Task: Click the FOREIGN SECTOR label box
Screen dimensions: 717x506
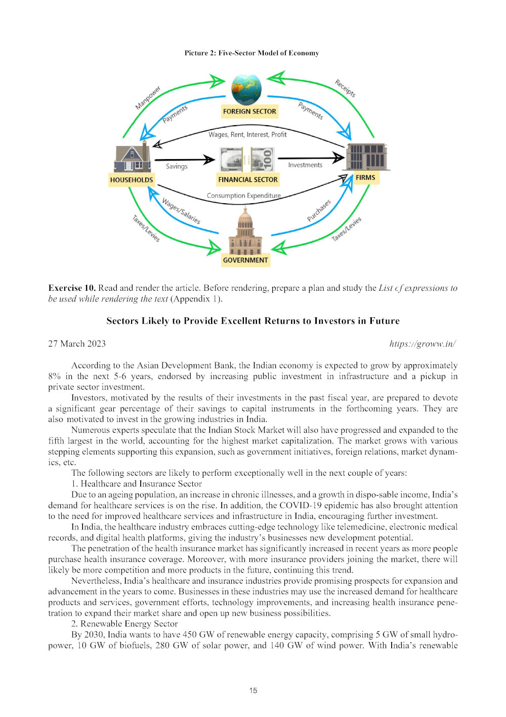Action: pyautogui.click(x=249, y=111)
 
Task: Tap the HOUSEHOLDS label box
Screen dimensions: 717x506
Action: pyautogui.click(x=132, y=180)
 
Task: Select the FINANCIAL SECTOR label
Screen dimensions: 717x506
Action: pyautogui.click(x=248, y=179)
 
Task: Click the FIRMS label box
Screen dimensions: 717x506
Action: pyautogui.click(x=365, y=177)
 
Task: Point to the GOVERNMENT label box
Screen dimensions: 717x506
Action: pyautogui.click(x=245, y=260)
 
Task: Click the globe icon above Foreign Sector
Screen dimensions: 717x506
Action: pyautogui.click(x=246, y=89)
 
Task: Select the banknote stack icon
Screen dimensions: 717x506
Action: pyautogui.click(x=247, y=160)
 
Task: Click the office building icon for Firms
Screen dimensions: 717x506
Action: pyautogui.click(x=366, y=157)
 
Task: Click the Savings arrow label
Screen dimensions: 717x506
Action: pyautogui.click(x=177, y=166)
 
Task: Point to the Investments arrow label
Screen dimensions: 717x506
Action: pyautogui.click(x=305, y=165)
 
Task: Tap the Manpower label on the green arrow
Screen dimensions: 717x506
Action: pyautogui.click(x=148, y=98)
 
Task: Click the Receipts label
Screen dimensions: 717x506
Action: pyautogui.click(x=345, y=88)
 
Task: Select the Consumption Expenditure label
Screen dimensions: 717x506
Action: pyautogui.click(x=243, y=196)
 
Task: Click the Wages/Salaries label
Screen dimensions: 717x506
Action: pyautogui.click(x=181, y=211)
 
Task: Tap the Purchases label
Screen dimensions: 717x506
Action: pyautogui.click(x=319, y=210)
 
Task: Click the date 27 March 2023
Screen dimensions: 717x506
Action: pyautogui.click(x=77, y=344)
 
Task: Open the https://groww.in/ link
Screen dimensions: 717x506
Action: pyautogui.click(x=423, y=344)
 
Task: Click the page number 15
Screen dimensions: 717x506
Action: pyautogui.click(x=253, y=690)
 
